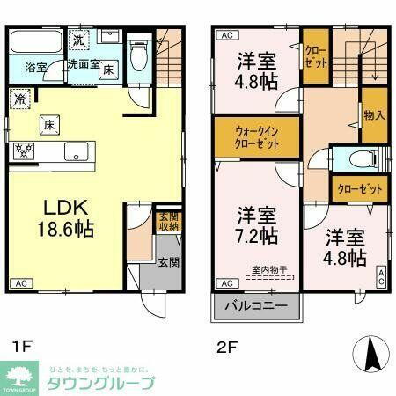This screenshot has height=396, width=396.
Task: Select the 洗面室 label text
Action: pyautogui.click(x=83, y=64)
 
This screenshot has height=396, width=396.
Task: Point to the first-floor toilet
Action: pyautogui.click(x=138, y=58)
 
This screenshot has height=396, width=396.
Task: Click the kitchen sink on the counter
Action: pyautogui.click(x=77, y=157)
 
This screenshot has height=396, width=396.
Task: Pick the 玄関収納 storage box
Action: pyautogui.click(x=168, y=222)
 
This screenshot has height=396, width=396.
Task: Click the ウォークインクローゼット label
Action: pyautogui.click(x=255, y=138)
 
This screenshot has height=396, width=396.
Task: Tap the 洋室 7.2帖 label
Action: pyautogui.click(x=257, y=225)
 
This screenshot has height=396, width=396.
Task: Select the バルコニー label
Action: pyautogui.click(x=256, y=308)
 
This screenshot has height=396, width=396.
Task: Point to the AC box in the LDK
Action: pyautogui.click(x=21, y=284)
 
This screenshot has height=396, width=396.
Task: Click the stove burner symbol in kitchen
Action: pyautogui.click(x=23, y=150)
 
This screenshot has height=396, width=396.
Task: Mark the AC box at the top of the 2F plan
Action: pyautogui.click(x=225, y=35)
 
